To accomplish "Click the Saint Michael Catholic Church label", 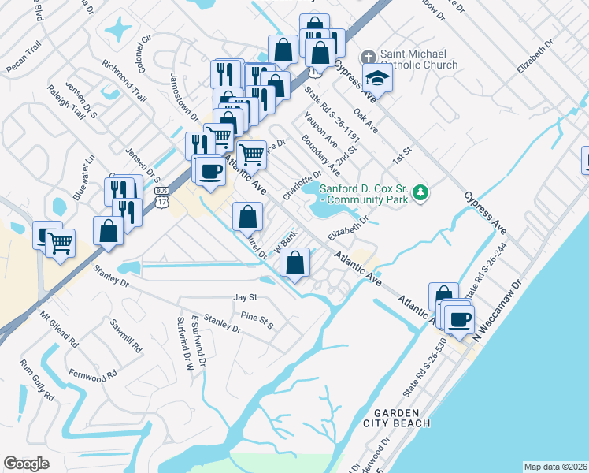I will (x=418, y=59).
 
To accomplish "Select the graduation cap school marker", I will (x=377, y=79).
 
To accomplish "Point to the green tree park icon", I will (x=421, y=192).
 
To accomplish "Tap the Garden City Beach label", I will (x=402, y=418).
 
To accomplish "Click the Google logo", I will (x=26, y=463).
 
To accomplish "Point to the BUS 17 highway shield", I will (x=161, y=196).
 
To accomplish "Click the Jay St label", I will (x=246, y=297).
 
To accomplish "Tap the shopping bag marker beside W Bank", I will (x=294, y=263).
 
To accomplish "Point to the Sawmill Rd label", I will (x=125, y=336).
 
